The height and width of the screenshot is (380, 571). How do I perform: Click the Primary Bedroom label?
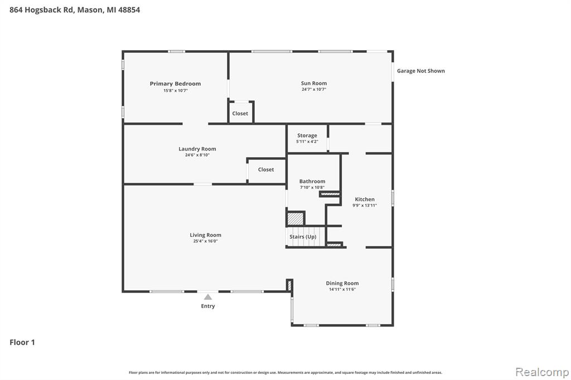[175, 84]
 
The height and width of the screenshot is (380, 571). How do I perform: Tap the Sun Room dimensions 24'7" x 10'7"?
[313, 89]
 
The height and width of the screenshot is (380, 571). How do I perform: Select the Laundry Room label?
[197, 149]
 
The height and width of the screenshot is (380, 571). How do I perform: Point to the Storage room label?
[307, 135]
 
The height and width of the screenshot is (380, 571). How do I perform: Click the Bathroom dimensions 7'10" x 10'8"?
[312, 187]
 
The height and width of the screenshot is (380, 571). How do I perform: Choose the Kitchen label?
[365, 199]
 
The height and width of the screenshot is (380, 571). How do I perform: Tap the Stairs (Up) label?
[303, 237]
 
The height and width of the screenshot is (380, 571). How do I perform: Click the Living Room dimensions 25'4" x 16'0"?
[205, 241]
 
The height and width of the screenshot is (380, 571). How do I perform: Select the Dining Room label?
[342, 283]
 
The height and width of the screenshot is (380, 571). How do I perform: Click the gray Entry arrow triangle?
[208, 297]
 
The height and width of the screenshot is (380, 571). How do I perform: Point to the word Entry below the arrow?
[208, 306]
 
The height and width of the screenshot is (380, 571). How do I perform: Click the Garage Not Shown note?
[420, 71]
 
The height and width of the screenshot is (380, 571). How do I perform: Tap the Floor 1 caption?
[22, 342]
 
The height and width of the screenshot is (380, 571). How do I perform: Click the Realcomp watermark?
[542, 372]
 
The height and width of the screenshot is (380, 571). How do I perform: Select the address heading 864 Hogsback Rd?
[41, 10]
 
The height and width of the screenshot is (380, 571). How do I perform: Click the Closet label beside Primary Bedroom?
[240, 114]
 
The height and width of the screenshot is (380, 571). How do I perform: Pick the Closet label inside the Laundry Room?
[266, 169]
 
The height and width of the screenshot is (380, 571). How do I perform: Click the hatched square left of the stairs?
[296, 219]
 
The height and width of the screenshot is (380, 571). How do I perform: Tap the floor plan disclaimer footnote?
[285, 372]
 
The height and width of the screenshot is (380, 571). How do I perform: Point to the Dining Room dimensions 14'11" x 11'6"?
[342, 289]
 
